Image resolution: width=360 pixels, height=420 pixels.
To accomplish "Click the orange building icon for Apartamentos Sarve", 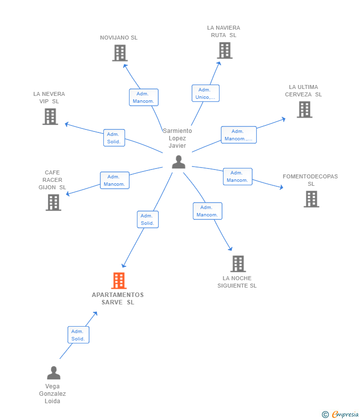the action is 119,281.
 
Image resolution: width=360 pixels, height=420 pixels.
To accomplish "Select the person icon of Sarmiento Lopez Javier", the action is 179,162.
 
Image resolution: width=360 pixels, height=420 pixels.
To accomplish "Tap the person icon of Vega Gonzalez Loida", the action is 53,373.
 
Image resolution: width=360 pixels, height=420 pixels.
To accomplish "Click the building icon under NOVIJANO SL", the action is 120,53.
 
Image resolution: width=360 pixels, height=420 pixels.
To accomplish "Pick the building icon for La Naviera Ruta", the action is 225,50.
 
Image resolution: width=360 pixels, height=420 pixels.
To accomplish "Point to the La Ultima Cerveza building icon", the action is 305,110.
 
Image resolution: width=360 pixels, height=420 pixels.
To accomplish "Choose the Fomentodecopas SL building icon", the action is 311,199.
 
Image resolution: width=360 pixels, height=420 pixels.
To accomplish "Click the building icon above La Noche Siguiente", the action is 238,263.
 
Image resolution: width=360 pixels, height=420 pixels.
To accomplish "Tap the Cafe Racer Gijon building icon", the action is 53,202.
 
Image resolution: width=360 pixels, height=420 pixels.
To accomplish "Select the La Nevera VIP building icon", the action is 50,117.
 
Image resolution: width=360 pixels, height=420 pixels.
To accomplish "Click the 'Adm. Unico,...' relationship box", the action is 206,93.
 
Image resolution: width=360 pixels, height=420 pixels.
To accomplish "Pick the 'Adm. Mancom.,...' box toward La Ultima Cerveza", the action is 238,135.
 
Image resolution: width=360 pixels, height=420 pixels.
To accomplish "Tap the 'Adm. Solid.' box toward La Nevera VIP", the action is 114,138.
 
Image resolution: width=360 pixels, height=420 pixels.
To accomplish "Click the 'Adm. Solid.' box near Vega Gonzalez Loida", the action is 78,335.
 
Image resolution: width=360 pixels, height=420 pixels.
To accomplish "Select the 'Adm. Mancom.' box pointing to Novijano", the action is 144,97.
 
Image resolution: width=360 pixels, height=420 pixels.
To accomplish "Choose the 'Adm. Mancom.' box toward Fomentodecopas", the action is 238,176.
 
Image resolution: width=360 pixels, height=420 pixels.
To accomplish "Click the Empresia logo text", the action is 345,415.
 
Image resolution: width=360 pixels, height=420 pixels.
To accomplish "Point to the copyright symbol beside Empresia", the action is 325,415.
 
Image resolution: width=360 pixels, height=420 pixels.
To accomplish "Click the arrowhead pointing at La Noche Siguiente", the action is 230,249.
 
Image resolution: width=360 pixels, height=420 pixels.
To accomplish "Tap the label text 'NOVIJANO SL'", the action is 119,38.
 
